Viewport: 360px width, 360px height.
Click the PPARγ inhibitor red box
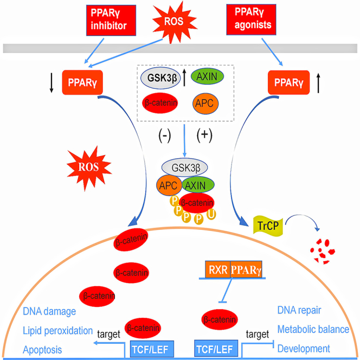point(111,20)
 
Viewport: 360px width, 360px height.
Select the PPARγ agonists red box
point(251,20)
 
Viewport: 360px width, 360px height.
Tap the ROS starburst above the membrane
point(174,22)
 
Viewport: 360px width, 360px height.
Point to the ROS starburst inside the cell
point(88,168)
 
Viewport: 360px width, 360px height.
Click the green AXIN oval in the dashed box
point(207,76)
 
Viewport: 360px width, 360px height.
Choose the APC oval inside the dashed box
point(205,104)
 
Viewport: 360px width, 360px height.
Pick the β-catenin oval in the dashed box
point(160,103)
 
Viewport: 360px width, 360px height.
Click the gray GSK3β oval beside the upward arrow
point(160,78)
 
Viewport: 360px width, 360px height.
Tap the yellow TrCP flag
point(268,226)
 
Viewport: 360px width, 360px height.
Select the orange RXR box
point(217,269)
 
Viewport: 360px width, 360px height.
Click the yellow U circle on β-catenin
point(211,214)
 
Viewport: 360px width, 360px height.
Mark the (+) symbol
point(204,135)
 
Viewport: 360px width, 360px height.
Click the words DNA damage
point(49,312)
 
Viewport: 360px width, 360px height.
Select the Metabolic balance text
point(313,330)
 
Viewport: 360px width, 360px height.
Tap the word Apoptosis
point(42,350)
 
